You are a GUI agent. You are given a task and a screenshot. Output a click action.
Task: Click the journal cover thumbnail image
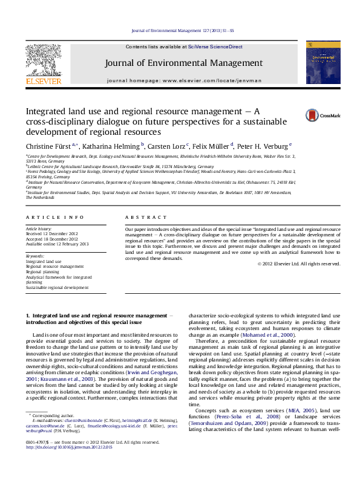(x=318, y=62)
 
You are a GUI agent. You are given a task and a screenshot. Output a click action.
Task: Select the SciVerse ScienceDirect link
(x=215, y=47)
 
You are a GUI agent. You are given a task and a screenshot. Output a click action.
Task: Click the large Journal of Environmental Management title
(x=184, y=63)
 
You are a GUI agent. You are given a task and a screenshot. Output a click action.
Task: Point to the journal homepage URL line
(x=184, y=80)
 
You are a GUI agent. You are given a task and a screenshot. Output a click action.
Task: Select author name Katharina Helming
(x=114, y=146)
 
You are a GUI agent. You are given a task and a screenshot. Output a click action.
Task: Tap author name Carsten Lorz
(x=168, y=146)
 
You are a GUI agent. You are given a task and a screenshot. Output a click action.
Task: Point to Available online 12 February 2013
(x=57, y=244)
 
